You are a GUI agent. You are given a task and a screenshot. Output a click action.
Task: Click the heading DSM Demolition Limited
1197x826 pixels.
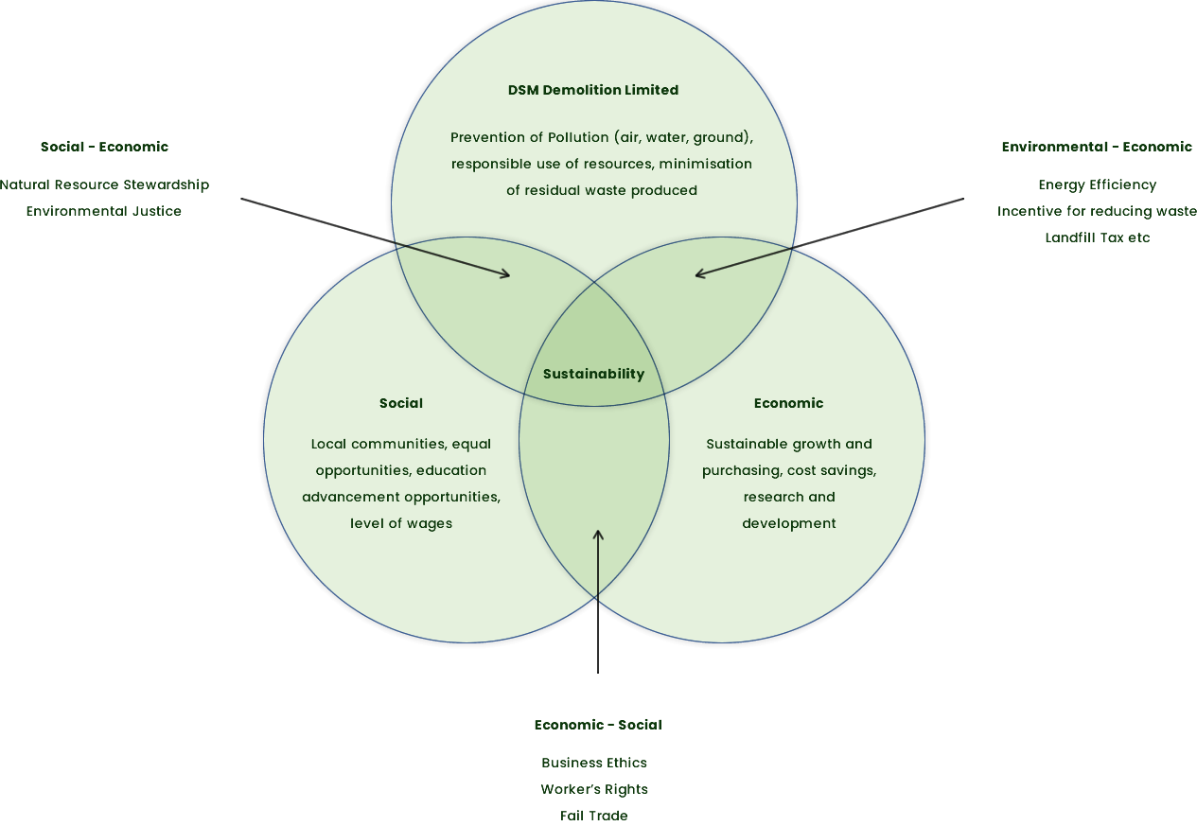[x=593, y=90]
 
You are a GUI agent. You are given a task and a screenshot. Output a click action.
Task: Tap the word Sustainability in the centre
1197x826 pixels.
[x=593, y=374]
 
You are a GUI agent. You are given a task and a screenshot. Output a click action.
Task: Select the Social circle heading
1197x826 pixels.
[x=401, y=403]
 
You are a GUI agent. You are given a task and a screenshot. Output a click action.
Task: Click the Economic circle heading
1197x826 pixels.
[x=788, y=403]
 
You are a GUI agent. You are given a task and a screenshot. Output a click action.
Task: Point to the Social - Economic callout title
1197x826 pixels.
[x=104, y=147]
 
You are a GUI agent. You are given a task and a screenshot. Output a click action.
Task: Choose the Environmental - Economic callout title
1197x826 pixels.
[x=1097, y=147]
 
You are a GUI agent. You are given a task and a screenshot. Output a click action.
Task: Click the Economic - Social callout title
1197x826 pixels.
[x=597, y=725]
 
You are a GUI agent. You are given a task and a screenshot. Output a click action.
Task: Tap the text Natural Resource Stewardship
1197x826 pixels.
[x=104, y=185]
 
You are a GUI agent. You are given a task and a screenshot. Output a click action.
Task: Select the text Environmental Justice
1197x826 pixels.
[x=103, y=211]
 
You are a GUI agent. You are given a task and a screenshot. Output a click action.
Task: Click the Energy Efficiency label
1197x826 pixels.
[x=1097, y=185]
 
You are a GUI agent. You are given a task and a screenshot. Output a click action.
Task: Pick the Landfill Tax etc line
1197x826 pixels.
[x=1097, y=237]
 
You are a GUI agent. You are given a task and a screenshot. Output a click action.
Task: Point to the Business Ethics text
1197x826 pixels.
[x=594, y=763]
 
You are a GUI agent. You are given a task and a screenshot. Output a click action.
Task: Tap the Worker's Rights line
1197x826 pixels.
[x=594, y=789]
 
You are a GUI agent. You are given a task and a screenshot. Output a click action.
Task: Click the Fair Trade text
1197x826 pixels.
[x=594, y=816]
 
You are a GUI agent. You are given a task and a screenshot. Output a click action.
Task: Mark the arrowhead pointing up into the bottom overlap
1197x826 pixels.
[x=598, y=535]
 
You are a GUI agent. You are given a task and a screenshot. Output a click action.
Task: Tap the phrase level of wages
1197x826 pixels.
[x=401, y=523]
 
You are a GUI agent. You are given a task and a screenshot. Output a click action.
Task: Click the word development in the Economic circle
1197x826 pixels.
[x=788, y=523]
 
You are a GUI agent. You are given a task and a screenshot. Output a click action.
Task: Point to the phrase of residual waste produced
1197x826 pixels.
[x=602, y=190]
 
